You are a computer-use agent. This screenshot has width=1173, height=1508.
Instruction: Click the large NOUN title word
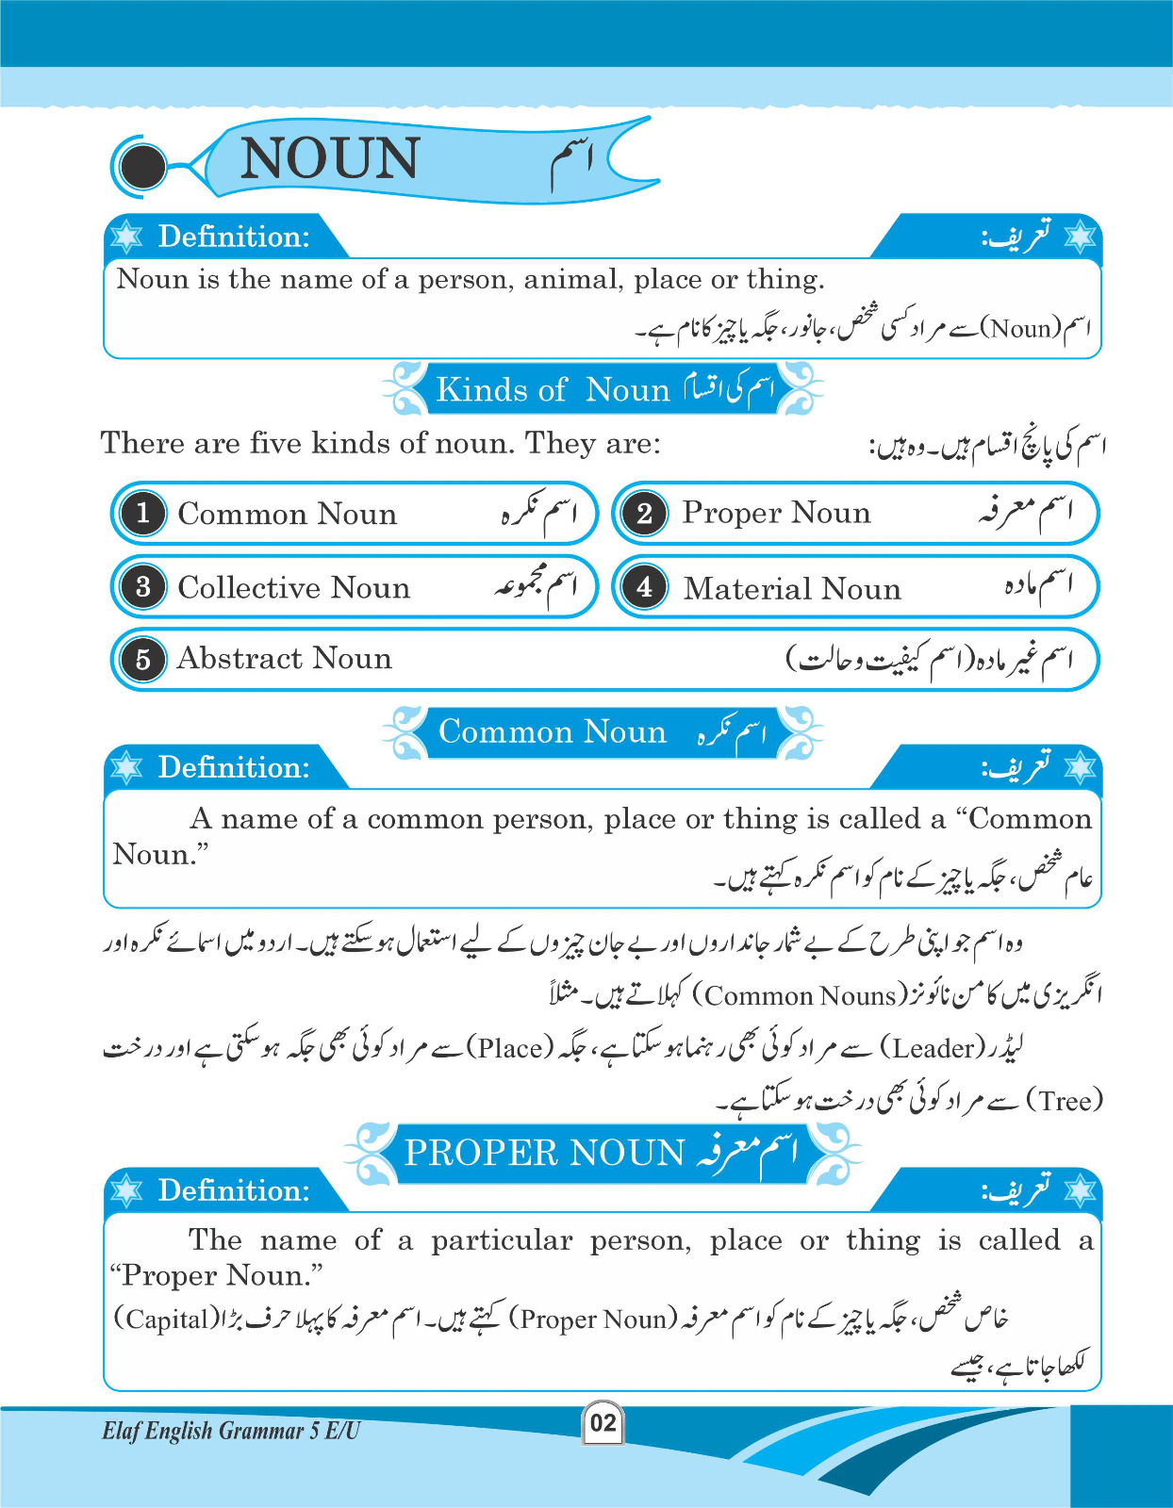[x=330, y=158]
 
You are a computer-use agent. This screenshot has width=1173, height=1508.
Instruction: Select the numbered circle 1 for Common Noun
[x=143, y=514]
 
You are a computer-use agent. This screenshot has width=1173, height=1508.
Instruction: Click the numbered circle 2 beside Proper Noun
[x=645, y=514]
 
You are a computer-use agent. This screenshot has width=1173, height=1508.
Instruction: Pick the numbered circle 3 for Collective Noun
[x=143, y=587]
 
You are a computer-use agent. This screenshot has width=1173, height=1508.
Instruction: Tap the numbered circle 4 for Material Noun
[x=645, y=587]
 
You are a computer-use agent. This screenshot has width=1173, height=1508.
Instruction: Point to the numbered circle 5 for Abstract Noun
[x=143, y=659]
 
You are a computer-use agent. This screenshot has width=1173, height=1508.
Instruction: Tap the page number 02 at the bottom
[x=603, y=1422]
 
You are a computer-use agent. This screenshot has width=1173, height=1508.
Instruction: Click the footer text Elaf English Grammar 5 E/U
[x=231, y=1431]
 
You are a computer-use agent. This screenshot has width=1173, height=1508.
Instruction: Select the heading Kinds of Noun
[x=552, y=389]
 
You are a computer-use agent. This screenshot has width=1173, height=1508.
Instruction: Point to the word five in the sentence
[x=277, y=443]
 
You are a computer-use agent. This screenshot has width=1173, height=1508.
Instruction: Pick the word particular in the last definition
[x=502, y=1240]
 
